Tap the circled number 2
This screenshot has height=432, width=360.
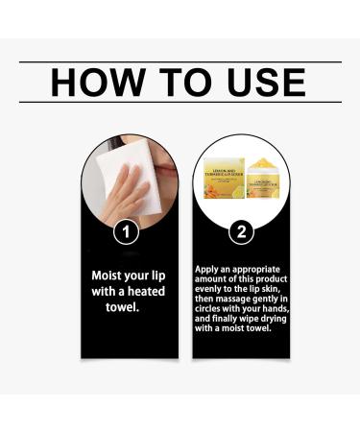pos(240,230)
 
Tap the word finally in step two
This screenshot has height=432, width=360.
pos(230,317)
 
